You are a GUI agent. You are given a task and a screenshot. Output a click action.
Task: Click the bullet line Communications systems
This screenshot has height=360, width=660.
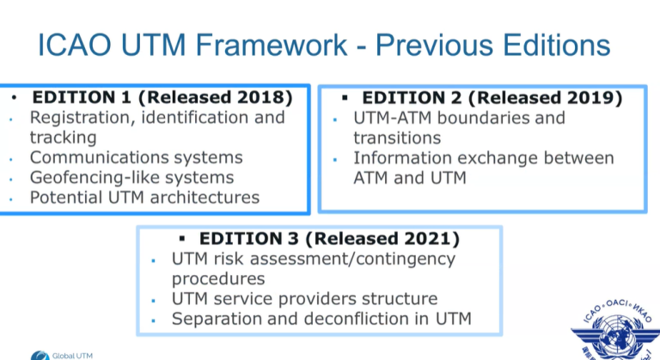[137, 157]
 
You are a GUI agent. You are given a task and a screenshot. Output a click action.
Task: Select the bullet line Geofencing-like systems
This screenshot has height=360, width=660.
[131, 177]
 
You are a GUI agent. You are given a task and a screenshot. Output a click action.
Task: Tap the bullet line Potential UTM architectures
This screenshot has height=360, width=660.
[144, 197]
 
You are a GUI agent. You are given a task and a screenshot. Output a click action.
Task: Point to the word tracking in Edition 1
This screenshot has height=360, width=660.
[63, 137]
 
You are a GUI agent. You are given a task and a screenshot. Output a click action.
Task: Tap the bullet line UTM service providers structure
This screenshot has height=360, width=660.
[305, 299]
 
